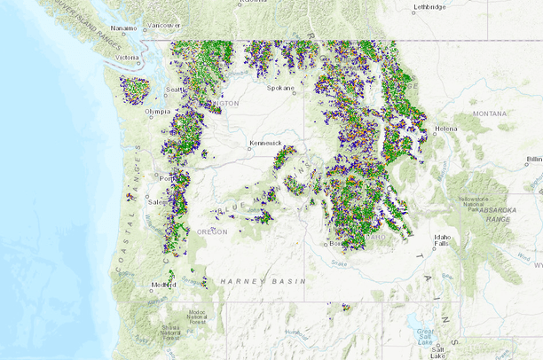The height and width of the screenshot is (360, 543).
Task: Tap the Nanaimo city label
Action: [x=123, y=28]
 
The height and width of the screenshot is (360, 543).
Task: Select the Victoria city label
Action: [x=127, y=58]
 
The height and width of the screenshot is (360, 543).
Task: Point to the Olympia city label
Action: [x=157, y=111]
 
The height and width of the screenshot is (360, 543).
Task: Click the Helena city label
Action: [x=445, y=129]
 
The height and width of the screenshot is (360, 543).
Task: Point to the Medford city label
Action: [x=162, y=285]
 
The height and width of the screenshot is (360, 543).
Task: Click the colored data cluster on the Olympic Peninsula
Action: [x=135, y=89]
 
